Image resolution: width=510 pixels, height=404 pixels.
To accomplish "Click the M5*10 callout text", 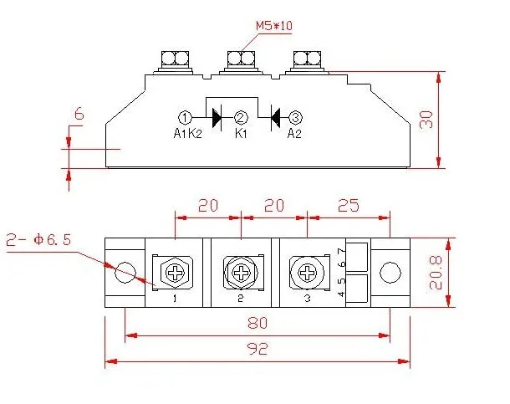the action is (274, 26).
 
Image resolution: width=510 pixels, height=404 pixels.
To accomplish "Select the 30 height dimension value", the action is (426, 120).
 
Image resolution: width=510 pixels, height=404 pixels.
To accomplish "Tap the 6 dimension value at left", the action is (79, 114).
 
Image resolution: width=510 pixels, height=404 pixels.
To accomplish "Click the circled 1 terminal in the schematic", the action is (185, 118).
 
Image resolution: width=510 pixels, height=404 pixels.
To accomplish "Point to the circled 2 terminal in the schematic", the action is (241, 118).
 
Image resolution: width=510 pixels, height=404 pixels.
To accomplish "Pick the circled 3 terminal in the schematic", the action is (295, 118).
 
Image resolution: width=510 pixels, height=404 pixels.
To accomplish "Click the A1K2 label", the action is (187, 133).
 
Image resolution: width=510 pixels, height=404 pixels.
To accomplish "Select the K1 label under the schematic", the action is (241, 133).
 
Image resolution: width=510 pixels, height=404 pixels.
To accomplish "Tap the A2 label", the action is (294, 133).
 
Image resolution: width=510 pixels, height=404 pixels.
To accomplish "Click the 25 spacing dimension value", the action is (349, 205).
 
